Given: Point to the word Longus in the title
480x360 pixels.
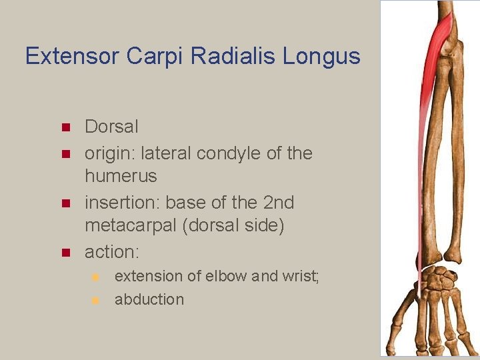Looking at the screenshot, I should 321,56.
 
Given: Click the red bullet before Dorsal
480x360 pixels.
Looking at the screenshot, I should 65,127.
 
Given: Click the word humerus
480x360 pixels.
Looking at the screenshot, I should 121,177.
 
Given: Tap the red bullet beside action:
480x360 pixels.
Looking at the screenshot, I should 65,253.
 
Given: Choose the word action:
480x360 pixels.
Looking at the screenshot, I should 110,251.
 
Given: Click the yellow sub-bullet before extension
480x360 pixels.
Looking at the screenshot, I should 95,276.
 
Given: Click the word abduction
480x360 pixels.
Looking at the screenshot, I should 149,299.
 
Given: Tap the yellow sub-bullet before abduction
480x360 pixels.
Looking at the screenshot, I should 95,300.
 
